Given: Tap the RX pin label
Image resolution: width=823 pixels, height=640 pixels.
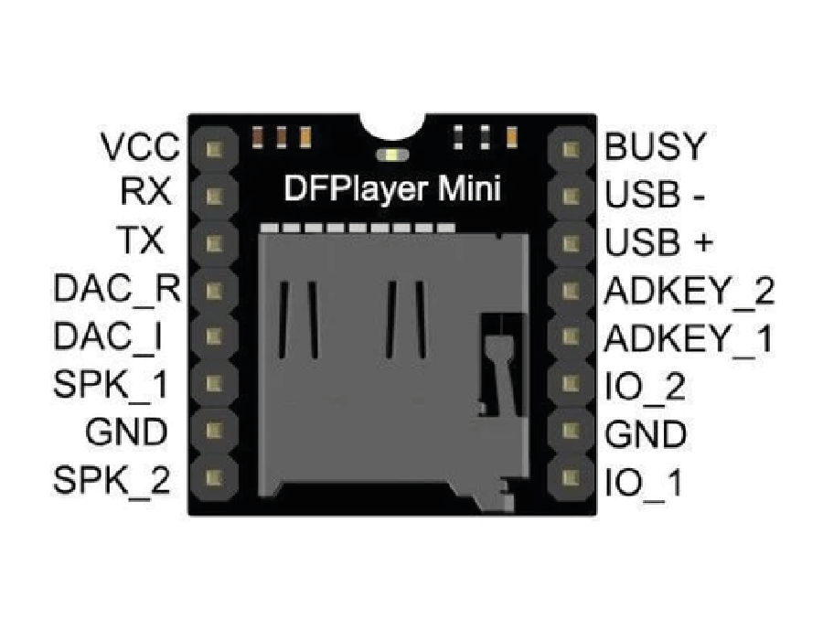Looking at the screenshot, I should click(144, 194).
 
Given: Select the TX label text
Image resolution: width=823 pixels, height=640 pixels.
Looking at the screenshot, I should click(141, 241).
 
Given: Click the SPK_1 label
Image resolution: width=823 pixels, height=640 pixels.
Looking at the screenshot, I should click(112, 385).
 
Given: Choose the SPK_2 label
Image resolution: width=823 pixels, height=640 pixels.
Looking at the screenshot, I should click(112, 480).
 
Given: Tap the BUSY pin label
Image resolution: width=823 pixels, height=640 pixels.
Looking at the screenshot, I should click(656, 146).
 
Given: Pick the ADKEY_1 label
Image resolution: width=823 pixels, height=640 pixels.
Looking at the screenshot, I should click(688, 339).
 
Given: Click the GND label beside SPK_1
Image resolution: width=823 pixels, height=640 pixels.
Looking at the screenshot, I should click(127, 432).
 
